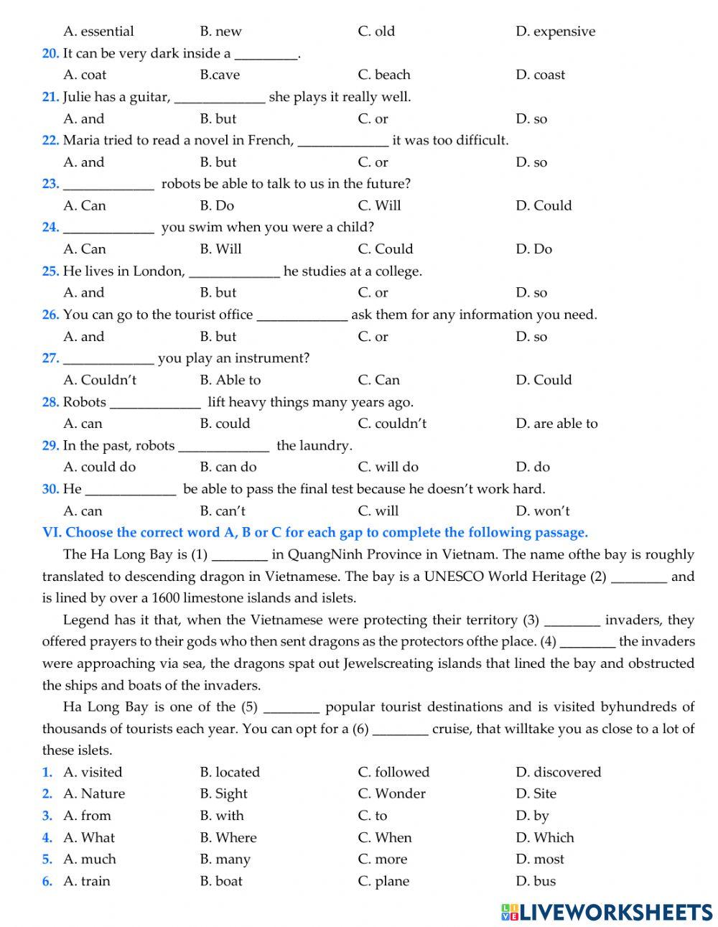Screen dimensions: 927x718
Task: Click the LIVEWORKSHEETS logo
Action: pos(607,911)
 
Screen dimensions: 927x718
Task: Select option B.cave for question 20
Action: pos(220,75)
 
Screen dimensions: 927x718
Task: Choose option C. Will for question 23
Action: pos(379,205)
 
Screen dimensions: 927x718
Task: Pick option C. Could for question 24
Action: pos(385,249)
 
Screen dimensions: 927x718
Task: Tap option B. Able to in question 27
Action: pos(230,380)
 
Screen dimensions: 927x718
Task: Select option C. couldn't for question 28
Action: pos(391,424)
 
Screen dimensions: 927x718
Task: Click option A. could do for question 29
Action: pos(99,467)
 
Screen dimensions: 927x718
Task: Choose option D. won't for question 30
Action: pos(542,511)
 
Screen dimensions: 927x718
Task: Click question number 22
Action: pos(50,140)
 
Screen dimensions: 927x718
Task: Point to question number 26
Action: pos(50,315)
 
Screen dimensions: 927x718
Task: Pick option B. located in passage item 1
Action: pos(229,773)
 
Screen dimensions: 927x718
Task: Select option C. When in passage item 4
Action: pos(385,838)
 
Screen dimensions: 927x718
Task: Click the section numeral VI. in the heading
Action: pos(52,533)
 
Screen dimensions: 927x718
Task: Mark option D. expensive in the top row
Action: pos(555,32)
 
